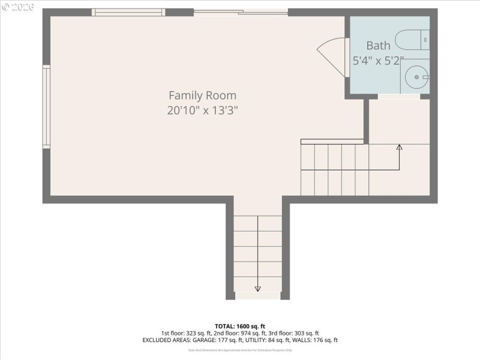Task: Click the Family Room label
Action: (202, 95)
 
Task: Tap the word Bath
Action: (378, 45)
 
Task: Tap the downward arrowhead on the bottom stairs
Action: (257, 289)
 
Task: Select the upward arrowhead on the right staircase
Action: (400, 147)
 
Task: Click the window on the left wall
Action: (46, 106)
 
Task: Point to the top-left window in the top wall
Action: (128, 12)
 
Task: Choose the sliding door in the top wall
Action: (241, 12)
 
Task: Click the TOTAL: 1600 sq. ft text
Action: (239, 326)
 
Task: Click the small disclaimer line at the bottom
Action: (239, 350)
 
